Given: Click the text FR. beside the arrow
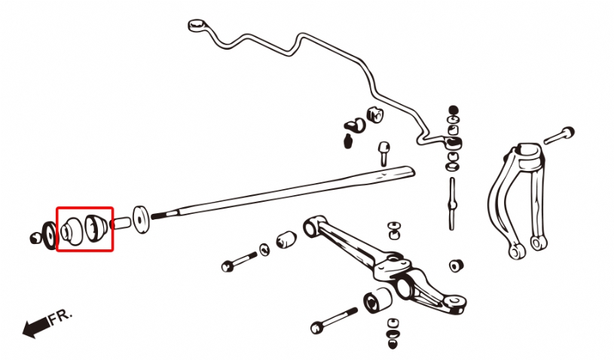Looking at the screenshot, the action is click(61, 317).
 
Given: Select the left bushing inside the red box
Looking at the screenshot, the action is click(72, 232).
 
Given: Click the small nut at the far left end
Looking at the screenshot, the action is click(35, 238).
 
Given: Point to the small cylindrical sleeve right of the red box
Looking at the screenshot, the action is click(121, 224).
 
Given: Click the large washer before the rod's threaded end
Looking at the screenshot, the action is click(141, 219).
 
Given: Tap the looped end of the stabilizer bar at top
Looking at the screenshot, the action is click(197, 26).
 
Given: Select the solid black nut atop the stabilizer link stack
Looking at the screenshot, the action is click(453, 111).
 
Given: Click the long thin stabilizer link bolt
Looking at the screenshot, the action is click(452, 203).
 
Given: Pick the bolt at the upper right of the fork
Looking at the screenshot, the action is click(559, 136).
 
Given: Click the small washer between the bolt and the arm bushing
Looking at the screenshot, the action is click(264, 249).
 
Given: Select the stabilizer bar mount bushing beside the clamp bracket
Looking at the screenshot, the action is click(374, 114).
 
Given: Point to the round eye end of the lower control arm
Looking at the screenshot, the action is click(311, 227).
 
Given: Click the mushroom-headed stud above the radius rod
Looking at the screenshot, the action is click(384, 154).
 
